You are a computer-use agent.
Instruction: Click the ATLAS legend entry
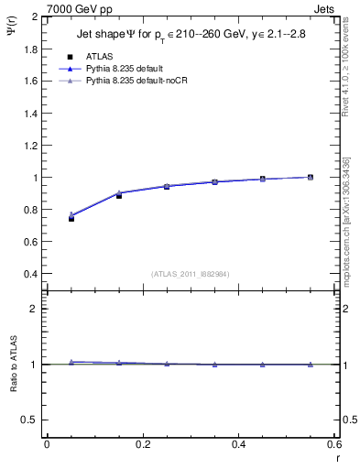99,56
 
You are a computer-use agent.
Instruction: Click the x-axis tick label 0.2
142,444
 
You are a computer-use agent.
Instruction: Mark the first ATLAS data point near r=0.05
71,218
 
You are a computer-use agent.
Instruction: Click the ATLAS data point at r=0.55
311,177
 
